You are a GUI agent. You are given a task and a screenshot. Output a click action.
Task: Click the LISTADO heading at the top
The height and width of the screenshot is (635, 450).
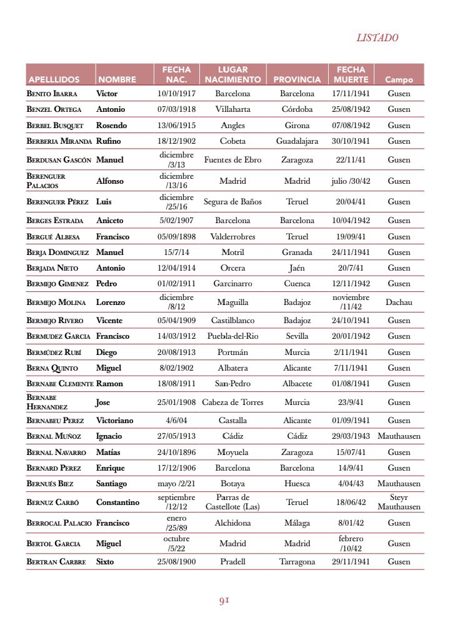(377, 37)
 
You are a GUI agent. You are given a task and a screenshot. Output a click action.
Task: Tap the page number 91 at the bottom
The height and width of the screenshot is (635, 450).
(224, 601)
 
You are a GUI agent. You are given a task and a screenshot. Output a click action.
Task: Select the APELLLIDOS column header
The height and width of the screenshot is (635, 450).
(53, 80)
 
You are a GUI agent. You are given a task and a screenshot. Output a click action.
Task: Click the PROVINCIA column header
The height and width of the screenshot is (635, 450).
(297, 80)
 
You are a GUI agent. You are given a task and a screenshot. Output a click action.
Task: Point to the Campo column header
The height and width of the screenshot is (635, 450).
(399, 80)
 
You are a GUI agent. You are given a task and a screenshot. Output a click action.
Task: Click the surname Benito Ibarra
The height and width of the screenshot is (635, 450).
(52, 94)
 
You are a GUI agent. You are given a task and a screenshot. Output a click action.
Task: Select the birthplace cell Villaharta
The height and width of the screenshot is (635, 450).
(232, 109)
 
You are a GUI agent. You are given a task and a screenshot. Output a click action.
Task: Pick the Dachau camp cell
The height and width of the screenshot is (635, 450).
(399, 302)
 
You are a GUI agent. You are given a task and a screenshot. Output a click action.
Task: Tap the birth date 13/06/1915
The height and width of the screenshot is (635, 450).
(176, 126)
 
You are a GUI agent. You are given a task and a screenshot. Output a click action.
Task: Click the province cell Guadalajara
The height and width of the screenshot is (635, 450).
(297, 141)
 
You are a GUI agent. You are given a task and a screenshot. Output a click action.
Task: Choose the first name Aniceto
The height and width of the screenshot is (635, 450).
(110, 221)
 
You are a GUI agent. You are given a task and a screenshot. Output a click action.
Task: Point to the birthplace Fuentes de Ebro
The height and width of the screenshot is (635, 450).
(232, 160)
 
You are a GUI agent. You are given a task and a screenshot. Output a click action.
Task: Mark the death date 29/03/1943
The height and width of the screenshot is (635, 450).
(351, 436)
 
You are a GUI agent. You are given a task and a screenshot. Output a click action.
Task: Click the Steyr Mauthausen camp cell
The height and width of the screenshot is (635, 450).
(399, 502)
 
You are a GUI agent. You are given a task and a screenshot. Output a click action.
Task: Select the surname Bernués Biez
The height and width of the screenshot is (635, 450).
(50, 484)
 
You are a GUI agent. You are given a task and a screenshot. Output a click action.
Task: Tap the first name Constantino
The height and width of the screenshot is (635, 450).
(117, 502)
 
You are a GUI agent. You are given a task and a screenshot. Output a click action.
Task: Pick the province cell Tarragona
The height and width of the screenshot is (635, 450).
(297, 562)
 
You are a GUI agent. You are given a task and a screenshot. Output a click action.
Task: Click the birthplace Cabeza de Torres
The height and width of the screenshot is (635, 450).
(232, 402)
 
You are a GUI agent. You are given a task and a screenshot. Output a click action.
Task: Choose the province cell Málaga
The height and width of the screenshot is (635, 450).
(297, 523)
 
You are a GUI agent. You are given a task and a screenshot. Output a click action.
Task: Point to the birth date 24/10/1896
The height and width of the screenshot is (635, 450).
(176, 452)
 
